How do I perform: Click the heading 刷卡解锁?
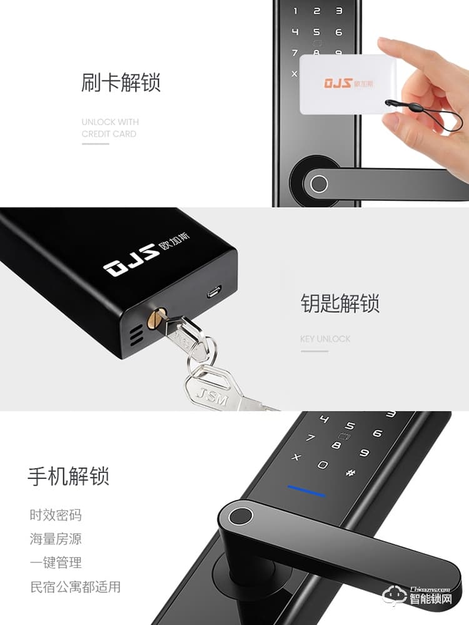pyautogui.click(x=121, y=83)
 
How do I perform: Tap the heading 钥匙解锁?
pyautogui.click(x=340, y=303)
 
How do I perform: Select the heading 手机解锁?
pyautogui.click(x=68, y=476)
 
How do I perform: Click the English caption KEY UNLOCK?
pyautogui.click(x=325, y=339)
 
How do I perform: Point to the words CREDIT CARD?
pyautogui.click(x=109, y=134)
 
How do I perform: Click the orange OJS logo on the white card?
pyautogui.click(x=338, y=83)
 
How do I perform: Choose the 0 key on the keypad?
pyautogui.click(x=323, y=465)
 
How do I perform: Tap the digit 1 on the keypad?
pyautogui.click(x=296, y=11)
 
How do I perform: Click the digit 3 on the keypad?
pyautogui.click(x=339, y=11)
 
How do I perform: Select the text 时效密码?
pyautogui.click(x=56, y=516)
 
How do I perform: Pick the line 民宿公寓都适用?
pyautogui.click(x=75, y=587)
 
